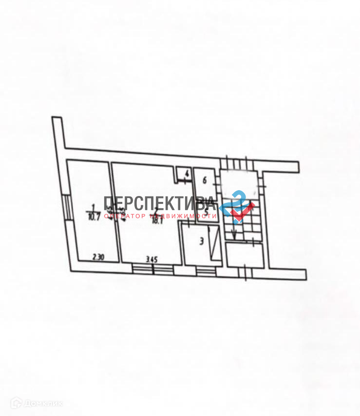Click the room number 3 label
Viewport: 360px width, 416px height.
(201, 240)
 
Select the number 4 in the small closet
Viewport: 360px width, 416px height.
(187, 172)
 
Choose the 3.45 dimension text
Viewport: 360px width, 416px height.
(151, 259)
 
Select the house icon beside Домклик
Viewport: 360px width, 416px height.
(16, 403)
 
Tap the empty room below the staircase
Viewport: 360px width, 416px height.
(246, 256)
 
